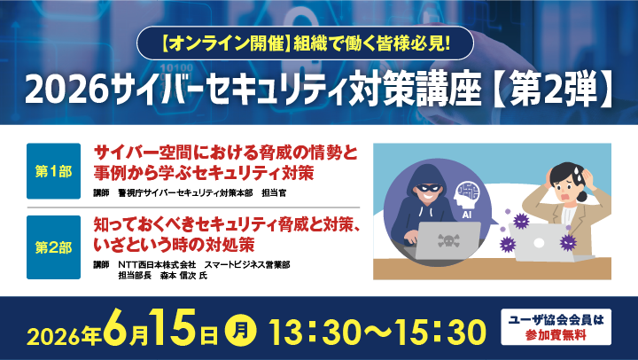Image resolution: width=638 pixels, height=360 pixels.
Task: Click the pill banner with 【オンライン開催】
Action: click(320, 41)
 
